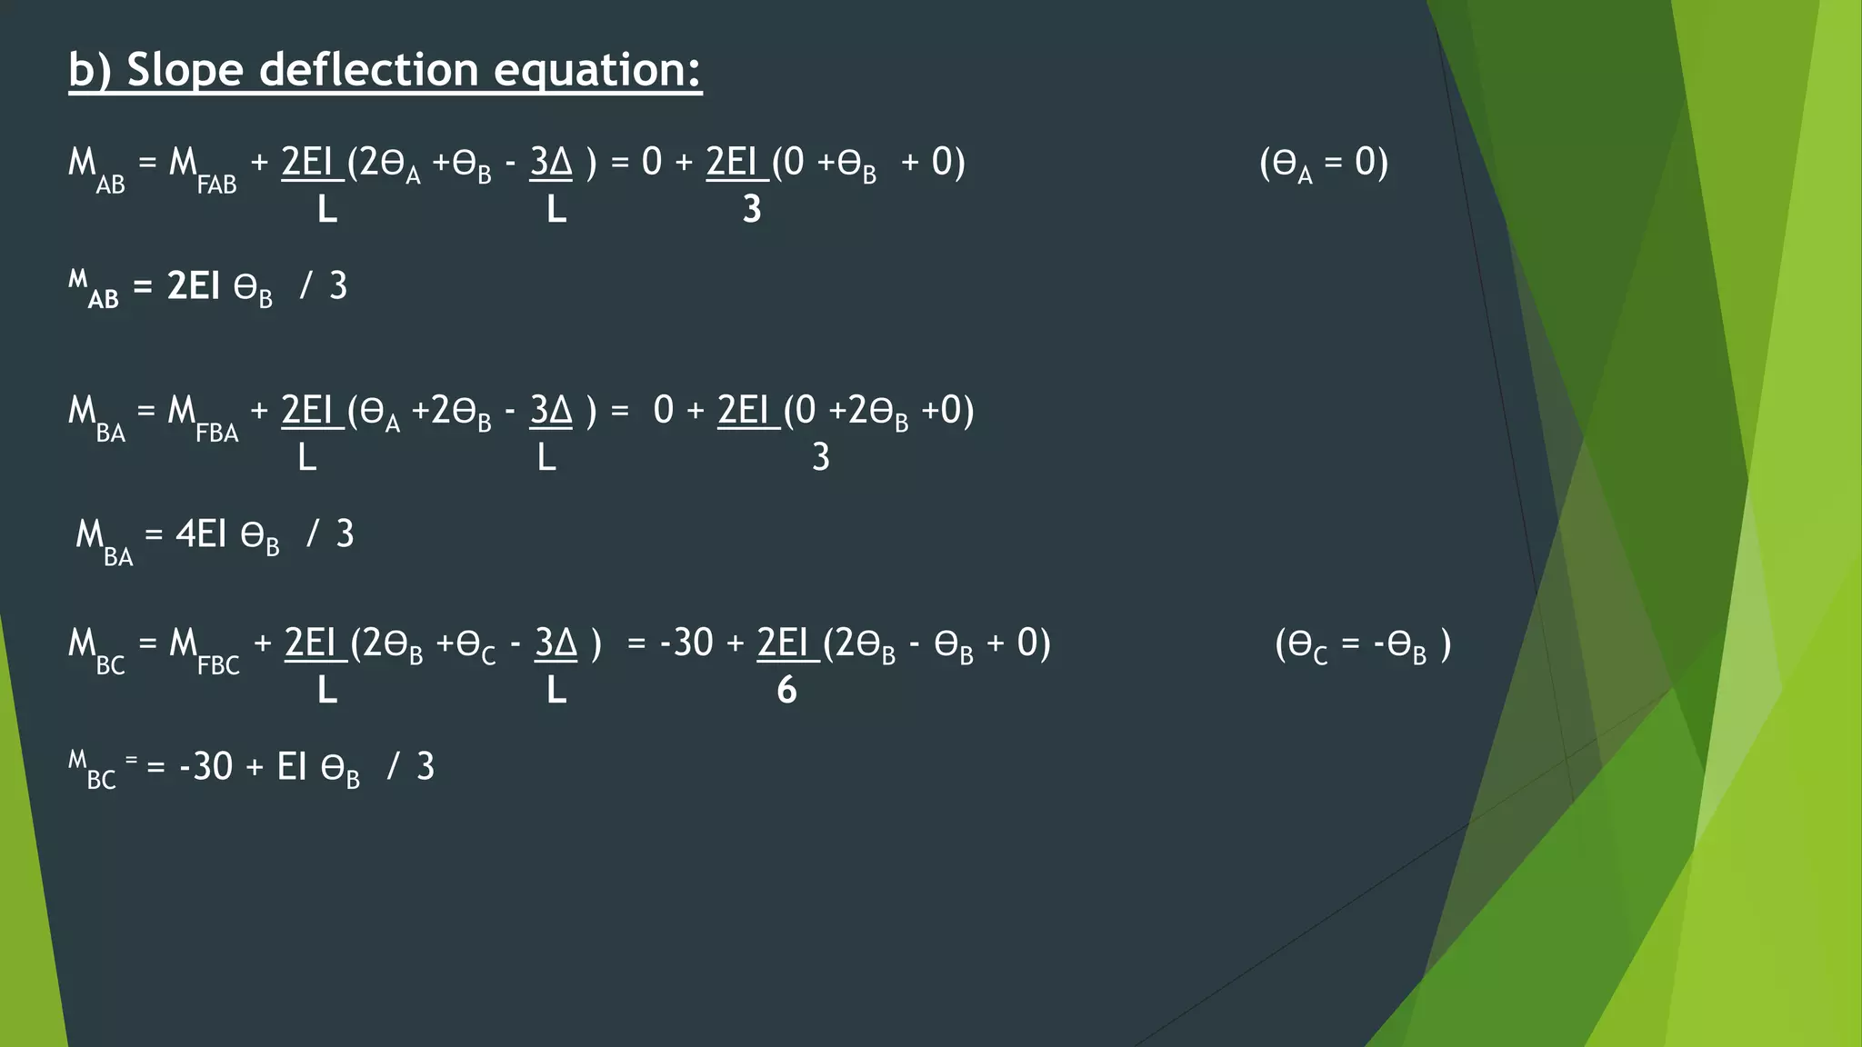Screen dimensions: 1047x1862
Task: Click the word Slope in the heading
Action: [184, 70]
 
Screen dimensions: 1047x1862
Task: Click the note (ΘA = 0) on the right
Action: [1323, 164]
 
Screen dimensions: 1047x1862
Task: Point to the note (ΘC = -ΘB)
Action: [1362, 645]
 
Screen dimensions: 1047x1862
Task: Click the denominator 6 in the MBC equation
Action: [786, 691]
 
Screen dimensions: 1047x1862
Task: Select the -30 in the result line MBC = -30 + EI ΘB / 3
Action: [206, 767]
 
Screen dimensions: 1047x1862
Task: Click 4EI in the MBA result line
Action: [200, 534]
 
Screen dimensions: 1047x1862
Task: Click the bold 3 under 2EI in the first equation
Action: [751, 210]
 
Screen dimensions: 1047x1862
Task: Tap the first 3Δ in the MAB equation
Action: [551, 163]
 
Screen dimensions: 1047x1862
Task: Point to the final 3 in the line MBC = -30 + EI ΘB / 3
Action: [425, 767]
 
